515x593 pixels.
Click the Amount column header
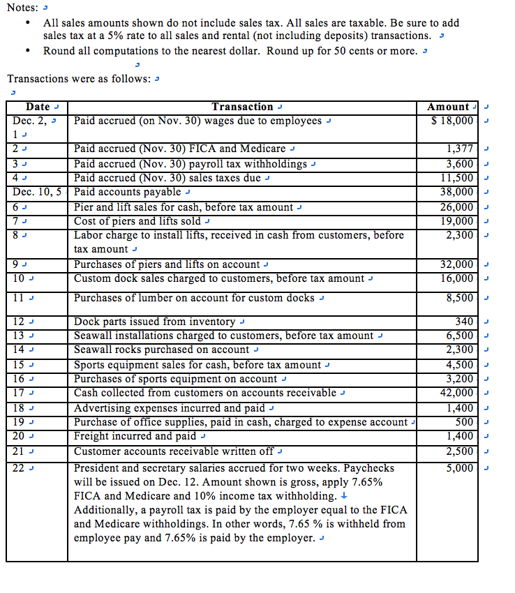click(448, 107)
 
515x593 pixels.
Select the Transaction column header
click(242, 107)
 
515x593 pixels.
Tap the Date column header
click(38, 107)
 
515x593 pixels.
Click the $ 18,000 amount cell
click(453, 121)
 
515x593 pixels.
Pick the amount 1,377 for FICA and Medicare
click(460, 149)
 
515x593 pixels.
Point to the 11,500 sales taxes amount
click(457, 178)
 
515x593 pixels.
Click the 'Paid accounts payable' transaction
click(127, 192)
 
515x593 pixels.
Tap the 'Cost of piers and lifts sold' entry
click(137, 221)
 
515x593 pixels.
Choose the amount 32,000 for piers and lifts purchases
click(457, 264)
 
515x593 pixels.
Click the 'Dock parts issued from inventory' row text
click(154, 322)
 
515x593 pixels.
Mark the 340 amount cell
click(464, 322)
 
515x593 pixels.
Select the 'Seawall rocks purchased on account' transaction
click(161, 350)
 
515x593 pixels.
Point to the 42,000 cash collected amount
click(457, 393)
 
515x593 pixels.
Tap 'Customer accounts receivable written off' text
click(174, 451)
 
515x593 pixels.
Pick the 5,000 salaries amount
click(460, 468)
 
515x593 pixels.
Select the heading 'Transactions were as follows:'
click(79, 79)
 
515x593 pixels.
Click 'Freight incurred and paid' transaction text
click(135, 436)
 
